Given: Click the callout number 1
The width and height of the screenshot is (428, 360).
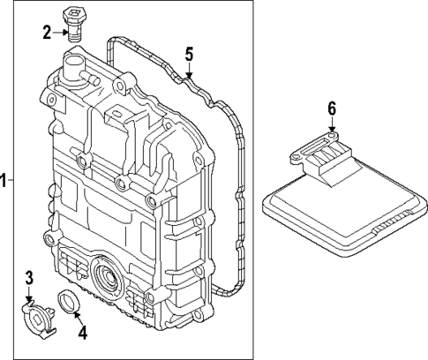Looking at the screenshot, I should coord(4,181).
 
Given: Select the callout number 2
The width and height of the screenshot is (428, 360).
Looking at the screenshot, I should coord(47,34).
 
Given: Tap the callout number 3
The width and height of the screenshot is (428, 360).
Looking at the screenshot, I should coord(28,279).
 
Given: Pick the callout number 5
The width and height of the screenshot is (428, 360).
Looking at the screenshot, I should coord(188,54).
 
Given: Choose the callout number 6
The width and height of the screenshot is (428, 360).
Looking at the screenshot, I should coord(332,109).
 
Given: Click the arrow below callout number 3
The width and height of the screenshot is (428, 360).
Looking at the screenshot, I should coord(29,296).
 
